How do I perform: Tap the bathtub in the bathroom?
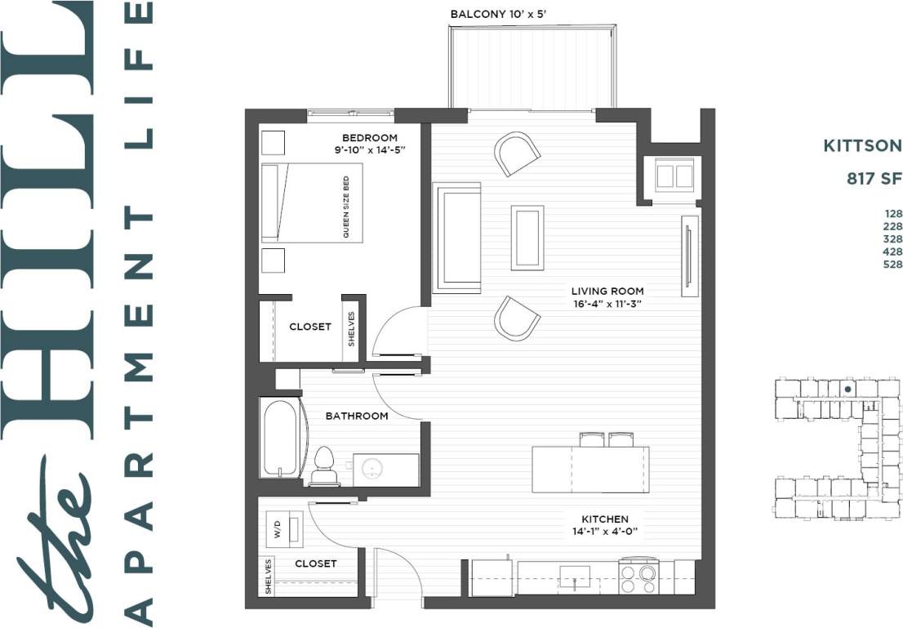280,438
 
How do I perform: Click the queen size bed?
311,203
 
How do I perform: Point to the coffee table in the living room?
527,237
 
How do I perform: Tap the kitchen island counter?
590,470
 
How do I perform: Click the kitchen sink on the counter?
575,577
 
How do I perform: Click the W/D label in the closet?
277,529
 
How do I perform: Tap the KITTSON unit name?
861,146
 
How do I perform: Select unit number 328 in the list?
892,239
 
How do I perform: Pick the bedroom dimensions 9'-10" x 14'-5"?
369,150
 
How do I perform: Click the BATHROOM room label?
357,416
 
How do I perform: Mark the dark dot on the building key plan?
848,390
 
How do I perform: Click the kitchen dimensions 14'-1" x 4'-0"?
604,532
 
